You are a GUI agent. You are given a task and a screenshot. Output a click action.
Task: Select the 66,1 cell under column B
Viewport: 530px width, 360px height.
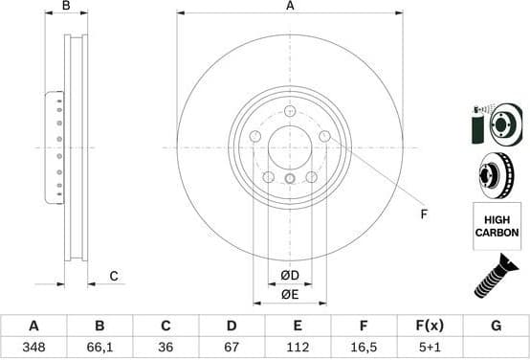coord(100,345)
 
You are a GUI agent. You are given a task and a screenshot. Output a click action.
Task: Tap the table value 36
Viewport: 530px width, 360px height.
coord(166,345)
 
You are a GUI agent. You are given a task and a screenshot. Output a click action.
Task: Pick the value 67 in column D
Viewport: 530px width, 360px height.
coord(232,345)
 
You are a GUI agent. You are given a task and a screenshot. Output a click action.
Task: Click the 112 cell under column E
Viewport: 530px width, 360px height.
coord(298,345)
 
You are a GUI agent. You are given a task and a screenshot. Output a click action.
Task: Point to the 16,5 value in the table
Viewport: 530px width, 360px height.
coord(364,345)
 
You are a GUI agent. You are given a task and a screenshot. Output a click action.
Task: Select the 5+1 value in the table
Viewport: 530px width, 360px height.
coord(430,345)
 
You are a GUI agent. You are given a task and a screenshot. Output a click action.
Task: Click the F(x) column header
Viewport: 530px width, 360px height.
coord(430,325)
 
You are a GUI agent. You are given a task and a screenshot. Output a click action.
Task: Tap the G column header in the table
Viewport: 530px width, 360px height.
coord(496,325)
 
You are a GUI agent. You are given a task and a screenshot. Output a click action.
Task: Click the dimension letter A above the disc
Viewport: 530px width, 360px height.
coord(290,7)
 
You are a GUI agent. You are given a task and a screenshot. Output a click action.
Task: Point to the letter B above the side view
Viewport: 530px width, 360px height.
coord(66,7)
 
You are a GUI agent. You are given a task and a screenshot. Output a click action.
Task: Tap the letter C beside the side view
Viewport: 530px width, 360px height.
coord(112,277)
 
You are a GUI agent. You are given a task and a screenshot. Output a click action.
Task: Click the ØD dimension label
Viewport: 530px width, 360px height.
coord(290,277)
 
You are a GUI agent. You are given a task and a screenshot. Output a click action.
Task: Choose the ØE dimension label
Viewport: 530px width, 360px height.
coord(290,296)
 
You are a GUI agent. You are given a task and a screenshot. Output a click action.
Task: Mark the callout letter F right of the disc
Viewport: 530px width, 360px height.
coord(424,214)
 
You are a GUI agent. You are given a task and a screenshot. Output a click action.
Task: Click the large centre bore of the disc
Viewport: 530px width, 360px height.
coord(290,147)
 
